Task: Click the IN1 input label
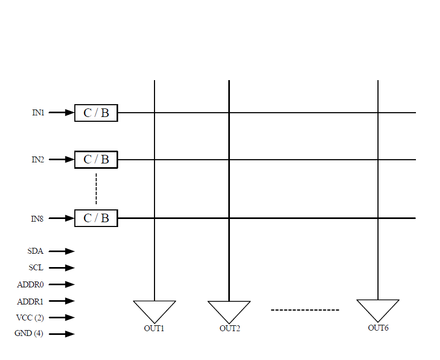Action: (x=37, y=113)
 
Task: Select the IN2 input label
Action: (x=37, y=160)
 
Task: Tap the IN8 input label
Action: (x=37, y=218)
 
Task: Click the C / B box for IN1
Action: (x=96, y=113)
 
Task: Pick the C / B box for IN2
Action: (x=96, y=160)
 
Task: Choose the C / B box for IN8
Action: (x=96, y=218)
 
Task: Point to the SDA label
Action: (x=35, y=251)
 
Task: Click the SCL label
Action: (x=36, y=268)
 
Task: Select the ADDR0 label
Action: (x=30, y=285)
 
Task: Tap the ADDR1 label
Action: (x=30, y=301)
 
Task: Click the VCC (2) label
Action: (x=30, y=318)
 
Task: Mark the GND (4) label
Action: (x=29, y=334)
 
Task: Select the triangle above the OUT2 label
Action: (x=229, y=310)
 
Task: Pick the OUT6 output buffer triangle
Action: (x=378, y=309)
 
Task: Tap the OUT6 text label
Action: (x=378, y=327)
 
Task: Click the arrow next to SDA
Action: (x=62, y=251)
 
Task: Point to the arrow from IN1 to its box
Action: (x=61, y=113)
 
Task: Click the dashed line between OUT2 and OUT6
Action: (x=305, y=310)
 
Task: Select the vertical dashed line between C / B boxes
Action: (x=96, y=189)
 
